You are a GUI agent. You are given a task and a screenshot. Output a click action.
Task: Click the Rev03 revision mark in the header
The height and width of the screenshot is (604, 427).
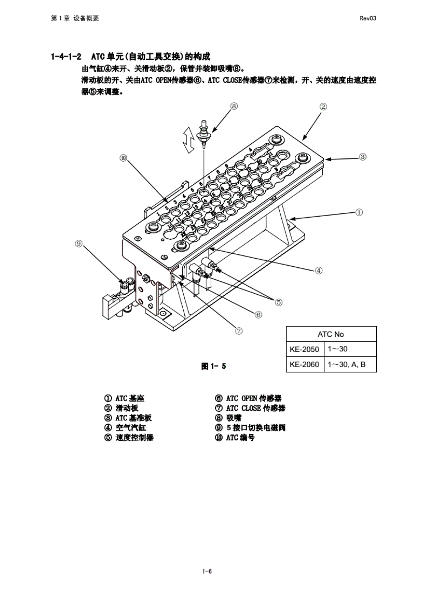(368, 18)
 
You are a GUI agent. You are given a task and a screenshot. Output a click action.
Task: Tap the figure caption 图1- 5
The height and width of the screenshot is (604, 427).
(213, 366)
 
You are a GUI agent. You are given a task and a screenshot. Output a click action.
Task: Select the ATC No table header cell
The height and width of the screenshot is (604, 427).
(331, 334)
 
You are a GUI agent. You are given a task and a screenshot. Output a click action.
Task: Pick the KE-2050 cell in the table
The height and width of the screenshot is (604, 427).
(304, 349)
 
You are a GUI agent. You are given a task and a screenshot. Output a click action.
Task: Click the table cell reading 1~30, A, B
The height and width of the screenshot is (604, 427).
(346, 364)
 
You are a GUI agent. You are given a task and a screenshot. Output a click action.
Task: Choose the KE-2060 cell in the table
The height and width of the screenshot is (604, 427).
(304, 364)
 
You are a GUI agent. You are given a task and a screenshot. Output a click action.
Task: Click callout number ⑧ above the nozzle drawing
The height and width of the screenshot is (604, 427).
(234, 106)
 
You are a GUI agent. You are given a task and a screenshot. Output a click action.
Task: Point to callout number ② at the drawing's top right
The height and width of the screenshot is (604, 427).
(323, 107)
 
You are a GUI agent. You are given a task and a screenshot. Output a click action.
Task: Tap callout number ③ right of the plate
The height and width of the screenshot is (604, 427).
(363, 157)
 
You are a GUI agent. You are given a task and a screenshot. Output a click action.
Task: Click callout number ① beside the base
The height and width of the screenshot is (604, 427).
(359, 212)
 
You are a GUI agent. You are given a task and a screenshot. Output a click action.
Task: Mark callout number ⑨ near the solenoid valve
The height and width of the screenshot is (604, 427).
(79, 244)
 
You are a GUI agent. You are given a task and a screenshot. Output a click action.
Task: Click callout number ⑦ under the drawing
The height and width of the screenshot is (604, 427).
(239, 331)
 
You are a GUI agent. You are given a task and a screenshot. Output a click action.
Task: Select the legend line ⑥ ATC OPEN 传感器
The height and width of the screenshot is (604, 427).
(248, 398)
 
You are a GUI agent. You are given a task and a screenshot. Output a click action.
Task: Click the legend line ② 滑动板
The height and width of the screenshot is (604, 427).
(121, 408)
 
